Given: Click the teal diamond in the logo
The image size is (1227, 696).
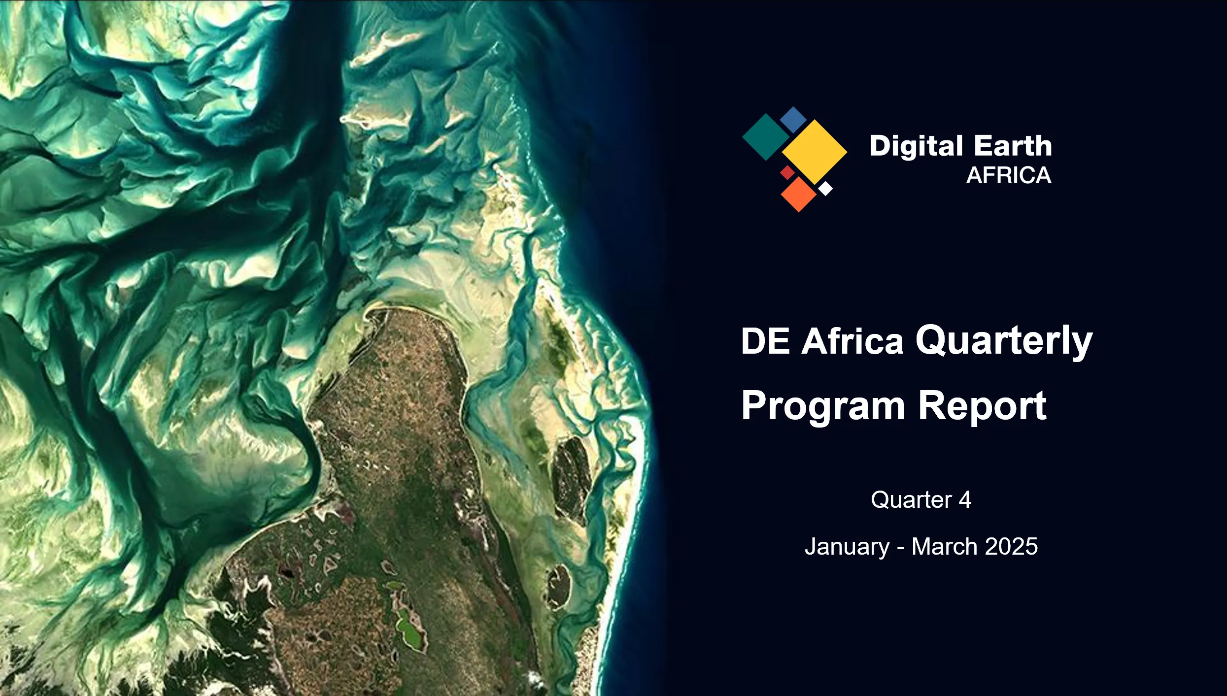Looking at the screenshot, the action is (x=765, y=137).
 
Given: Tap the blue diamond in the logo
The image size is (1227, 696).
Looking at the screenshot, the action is (x=793, y=120).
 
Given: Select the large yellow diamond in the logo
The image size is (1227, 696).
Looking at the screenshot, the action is (x=815, y=152).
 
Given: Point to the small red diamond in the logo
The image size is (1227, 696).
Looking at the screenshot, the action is (x=787, y=172).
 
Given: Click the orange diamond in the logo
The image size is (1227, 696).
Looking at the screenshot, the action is (x=799, y=194).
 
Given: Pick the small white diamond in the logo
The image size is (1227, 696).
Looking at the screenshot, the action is (x=825, y=188).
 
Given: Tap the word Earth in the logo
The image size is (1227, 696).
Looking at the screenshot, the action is (x=1013, y=146).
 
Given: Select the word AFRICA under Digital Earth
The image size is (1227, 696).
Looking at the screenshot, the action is (x=1009, y=175).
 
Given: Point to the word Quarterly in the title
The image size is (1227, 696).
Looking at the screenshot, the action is (x=1004, y=342).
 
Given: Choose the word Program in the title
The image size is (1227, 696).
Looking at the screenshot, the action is (x=823, y=407).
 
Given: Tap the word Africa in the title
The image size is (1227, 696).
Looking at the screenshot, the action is (x=852, y=340).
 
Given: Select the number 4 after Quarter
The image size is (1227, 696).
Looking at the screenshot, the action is (x=965, y=500).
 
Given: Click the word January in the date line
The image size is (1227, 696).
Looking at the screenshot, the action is (x=847, y=547).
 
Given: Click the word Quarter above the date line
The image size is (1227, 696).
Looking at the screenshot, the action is (x=911, y=500).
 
